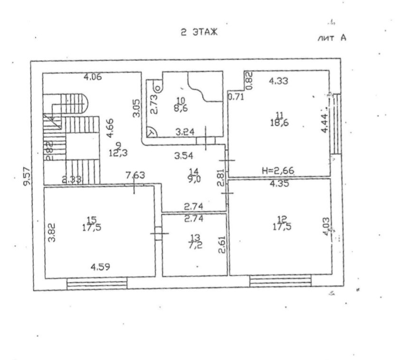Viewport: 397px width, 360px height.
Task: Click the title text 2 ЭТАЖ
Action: (198, 33)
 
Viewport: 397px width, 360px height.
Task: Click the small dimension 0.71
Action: (236, 97)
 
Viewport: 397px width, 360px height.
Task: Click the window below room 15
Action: (97, 284)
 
